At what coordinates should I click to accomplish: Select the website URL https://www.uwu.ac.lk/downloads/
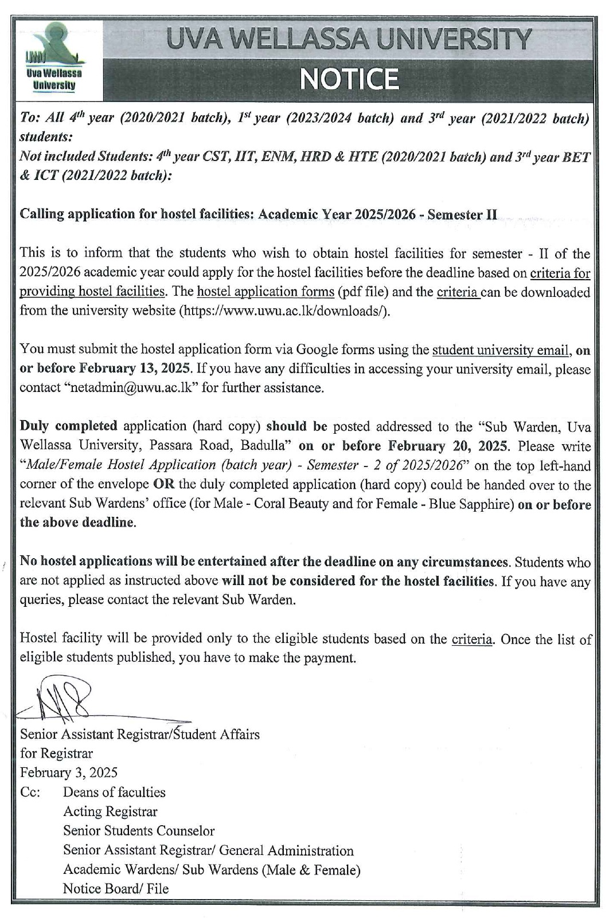pos(285,311)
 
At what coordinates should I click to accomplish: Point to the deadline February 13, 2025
pos(132,368)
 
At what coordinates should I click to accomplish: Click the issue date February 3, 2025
pos(69,772)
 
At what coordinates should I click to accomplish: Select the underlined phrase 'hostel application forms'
pos(265,292)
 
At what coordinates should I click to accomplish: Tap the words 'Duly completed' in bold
pos(68,426)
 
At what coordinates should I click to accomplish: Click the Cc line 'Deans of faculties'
pos(114,793)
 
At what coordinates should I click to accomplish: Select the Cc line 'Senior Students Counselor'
pos(139,831)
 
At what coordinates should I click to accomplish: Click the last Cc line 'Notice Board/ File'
pos(116,889)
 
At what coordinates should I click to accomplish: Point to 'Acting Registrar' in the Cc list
pos(110,811)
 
